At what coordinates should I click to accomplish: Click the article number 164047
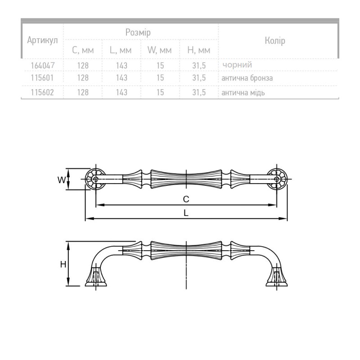click(x=43, y=65)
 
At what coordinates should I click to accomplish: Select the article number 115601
click(x=42, y=78)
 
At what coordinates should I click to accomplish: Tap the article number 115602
click(x=42, y=92)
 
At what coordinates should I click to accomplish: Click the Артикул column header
click(x=42, y=40)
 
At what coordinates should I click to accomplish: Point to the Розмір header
click(x=138, y=32)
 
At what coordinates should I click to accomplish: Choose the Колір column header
click(x=275, y=40)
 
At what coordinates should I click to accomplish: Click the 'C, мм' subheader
click(x=83, y=50)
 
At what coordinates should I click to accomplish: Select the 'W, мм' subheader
click(x=160, y=50)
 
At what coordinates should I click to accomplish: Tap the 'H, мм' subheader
click(x=199, y=50)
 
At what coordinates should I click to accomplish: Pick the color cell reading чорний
click(x=237, y=65)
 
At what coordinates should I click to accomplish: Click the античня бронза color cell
click(x=247, y=78)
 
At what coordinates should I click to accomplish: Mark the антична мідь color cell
click(x=243, y=93)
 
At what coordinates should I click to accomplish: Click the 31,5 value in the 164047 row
click(x=199, y=66)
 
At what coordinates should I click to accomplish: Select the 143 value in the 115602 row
click(x=121, y=92)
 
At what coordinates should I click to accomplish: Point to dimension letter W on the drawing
click(x=61, y=180)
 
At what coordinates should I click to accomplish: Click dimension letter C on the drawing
click(x=186, y=199)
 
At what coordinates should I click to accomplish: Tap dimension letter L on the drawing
click(x=186, y=213)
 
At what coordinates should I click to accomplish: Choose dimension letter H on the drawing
click(x=63, y=265)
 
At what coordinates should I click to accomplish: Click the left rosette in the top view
click(x=95, y=179)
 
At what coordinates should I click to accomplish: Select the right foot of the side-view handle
click(x=277, y=277)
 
